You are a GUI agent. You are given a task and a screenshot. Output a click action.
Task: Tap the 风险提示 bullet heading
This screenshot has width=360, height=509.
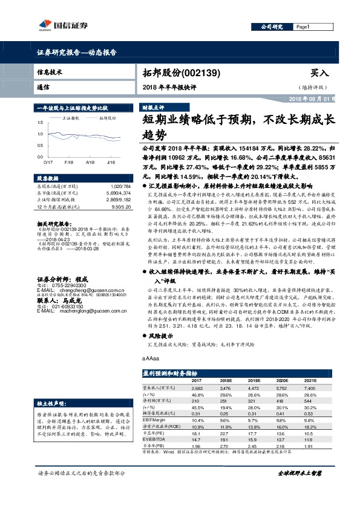pyautogui.click(x=160, y=335)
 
